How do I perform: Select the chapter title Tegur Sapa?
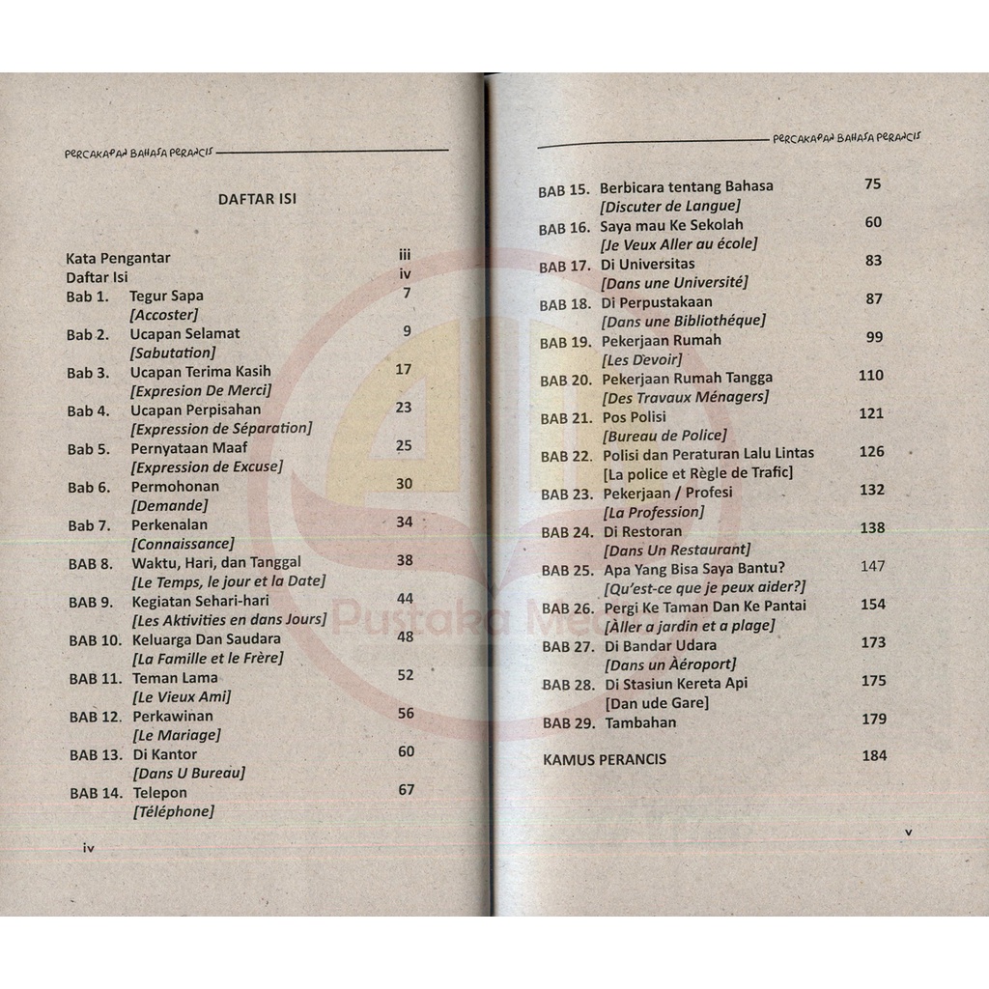[x=167, y=296]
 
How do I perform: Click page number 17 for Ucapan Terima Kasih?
[x=404, y=369]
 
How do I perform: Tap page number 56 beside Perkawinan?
[x=406, y=713]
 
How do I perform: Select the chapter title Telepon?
[x=160, y=793]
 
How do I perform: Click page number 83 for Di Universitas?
[x=873, y=261]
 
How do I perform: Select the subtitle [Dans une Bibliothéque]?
[x=682, y=320]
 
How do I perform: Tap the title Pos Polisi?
[x=636, y=416]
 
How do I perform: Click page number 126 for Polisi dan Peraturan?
[x=871, y=451]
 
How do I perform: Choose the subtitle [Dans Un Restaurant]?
[x=675, y=550]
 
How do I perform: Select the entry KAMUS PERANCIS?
[x=605, y=759]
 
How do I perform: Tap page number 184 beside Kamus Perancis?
[x=873, y=755]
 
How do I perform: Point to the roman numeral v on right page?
[x=908, y=831]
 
